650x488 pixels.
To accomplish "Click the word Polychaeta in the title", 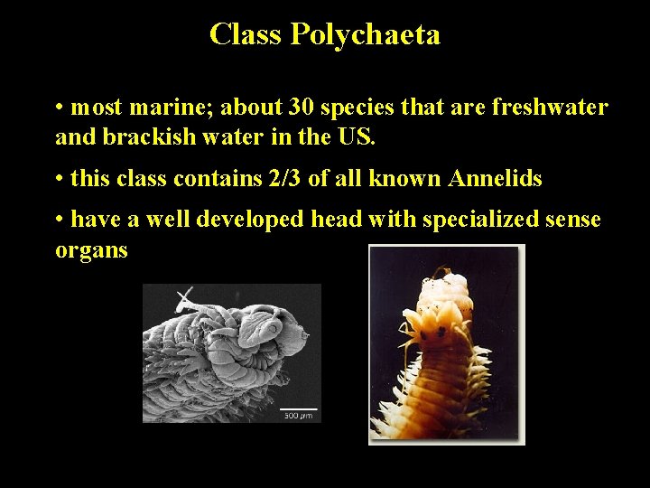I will pos(365,35).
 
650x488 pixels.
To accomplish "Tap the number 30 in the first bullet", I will pos(302,108).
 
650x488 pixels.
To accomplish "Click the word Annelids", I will pos(495,179).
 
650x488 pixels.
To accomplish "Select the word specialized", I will pos(479,220).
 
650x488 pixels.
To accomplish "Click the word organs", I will pos(92,249).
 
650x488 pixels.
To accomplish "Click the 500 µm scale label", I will pos(298,416).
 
